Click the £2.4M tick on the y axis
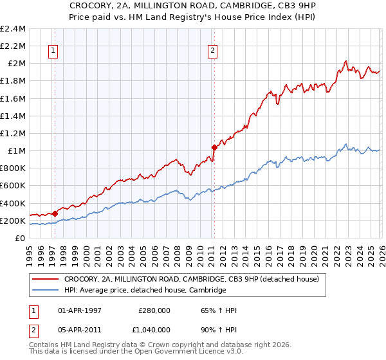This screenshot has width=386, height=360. [x=13, y=29]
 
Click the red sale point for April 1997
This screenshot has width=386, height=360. [x=55, y=213]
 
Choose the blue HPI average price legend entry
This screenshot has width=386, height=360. [x=145, y=291]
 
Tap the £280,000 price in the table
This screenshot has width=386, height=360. [x=154, y=310]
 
